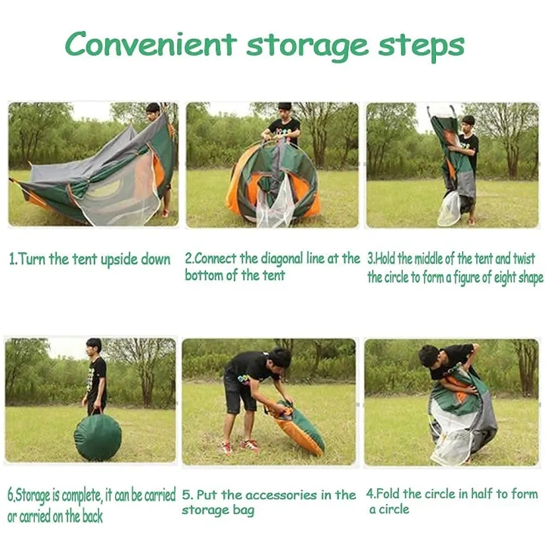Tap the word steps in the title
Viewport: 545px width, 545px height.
[422, 47]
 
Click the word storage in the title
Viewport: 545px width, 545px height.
[307, 47]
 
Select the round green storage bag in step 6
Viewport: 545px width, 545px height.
[98, 438]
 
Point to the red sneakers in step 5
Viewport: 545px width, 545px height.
[241, 447]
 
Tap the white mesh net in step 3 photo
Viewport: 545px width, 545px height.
[450, 209]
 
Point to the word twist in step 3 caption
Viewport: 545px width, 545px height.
[524, 259]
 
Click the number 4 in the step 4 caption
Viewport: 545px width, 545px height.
[369, 494]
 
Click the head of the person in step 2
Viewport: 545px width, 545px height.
[285, 110]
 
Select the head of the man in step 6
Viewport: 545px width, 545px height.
[94, 347]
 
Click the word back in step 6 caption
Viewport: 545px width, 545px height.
[92, 516]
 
